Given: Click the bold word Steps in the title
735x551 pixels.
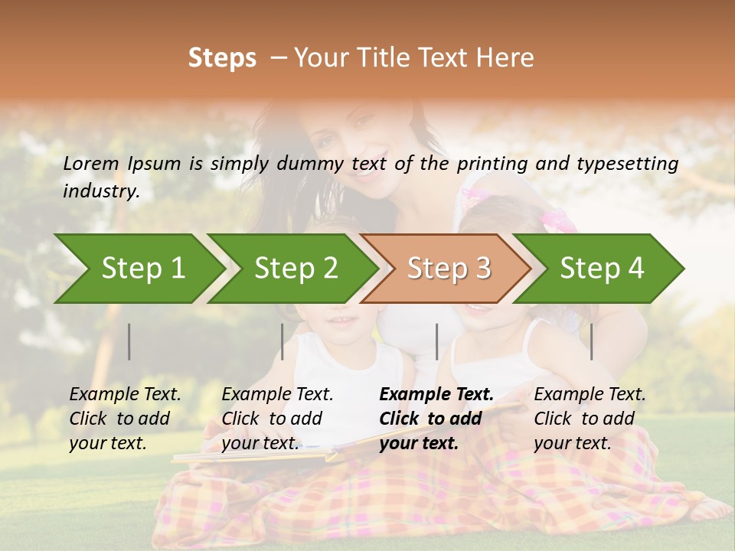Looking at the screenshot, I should tap(222, 58).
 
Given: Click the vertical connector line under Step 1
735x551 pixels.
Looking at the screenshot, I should tap(129, 341).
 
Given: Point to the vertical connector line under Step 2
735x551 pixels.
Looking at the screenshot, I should tap(283, 341).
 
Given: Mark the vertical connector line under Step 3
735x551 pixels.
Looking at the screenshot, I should tap(437, 341).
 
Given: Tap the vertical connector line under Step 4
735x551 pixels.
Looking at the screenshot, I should tap(592, 341).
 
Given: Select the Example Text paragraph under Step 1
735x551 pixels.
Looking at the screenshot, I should tap(125, 419).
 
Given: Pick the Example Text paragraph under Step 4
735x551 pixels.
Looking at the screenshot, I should tap(590, 419).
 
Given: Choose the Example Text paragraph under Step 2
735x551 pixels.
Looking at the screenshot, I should tap(277, 419).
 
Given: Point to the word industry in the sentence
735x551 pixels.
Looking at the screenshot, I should tap(100, 191).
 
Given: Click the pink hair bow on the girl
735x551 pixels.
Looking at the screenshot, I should tap(557, 220).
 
